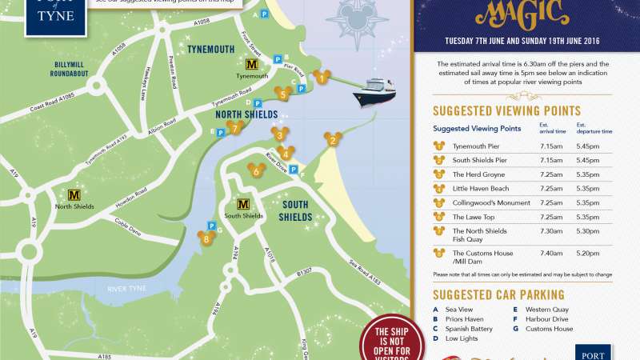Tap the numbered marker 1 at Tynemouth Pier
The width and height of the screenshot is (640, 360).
[321, 78]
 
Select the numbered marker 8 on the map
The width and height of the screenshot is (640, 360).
[207, 238]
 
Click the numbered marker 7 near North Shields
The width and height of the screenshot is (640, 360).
[234, 126]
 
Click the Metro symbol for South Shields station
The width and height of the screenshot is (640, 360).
[243, 205]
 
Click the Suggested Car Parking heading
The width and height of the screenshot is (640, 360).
[498, 294]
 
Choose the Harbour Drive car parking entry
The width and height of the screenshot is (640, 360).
[547, 318]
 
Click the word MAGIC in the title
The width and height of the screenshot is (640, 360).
[523, 12]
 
